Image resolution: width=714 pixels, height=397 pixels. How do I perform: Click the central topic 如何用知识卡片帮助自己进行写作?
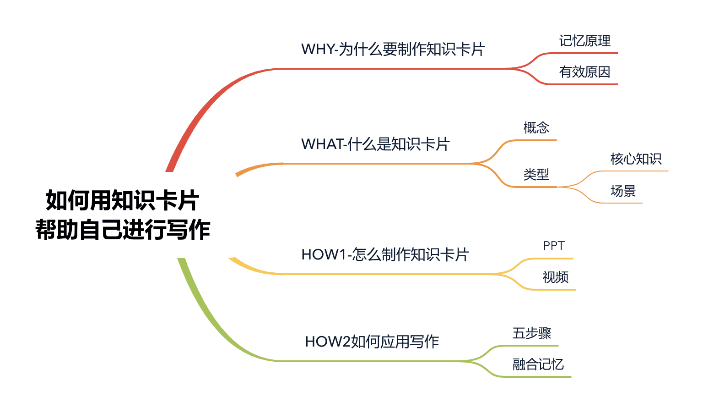click(123, 215)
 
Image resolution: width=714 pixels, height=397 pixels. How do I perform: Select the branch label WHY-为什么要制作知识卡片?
click(393, 50)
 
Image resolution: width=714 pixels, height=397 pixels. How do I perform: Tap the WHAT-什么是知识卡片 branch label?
click(375, 144)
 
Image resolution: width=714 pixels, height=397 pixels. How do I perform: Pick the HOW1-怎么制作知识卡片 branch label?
click(385, 254)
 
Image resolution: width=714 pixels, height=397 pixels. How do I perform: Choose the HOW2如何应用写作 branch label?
click(372, 342)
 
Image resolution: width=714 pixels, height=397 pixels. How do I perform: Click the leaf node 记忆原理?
click(584, 41)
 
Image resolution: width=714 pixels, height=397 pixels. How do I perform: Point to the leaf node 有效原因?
click(584, 72)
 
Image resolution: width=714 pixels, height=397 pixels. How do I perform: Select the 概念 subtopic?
click(536, 127)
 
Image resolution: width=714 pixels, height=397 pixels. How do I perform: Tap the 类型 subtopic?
click(536, 175)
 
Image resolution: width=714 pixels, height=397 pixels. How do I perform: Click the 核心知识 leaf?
click(636, 159)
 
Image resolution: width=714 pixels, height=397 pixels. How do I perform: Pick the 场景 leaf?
click(623, 191)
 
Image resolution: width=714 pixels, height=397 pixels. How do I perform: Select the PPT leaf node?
click(553, 246)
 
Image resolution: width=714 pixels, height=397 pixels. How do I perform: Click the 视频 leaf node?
click(555, 277)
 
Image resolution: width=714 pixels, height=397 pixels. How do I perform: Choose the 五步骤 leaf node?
click(531, 333)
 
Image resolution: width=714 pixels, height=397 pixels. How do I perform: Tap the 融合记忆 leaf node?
click(538, 364)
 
